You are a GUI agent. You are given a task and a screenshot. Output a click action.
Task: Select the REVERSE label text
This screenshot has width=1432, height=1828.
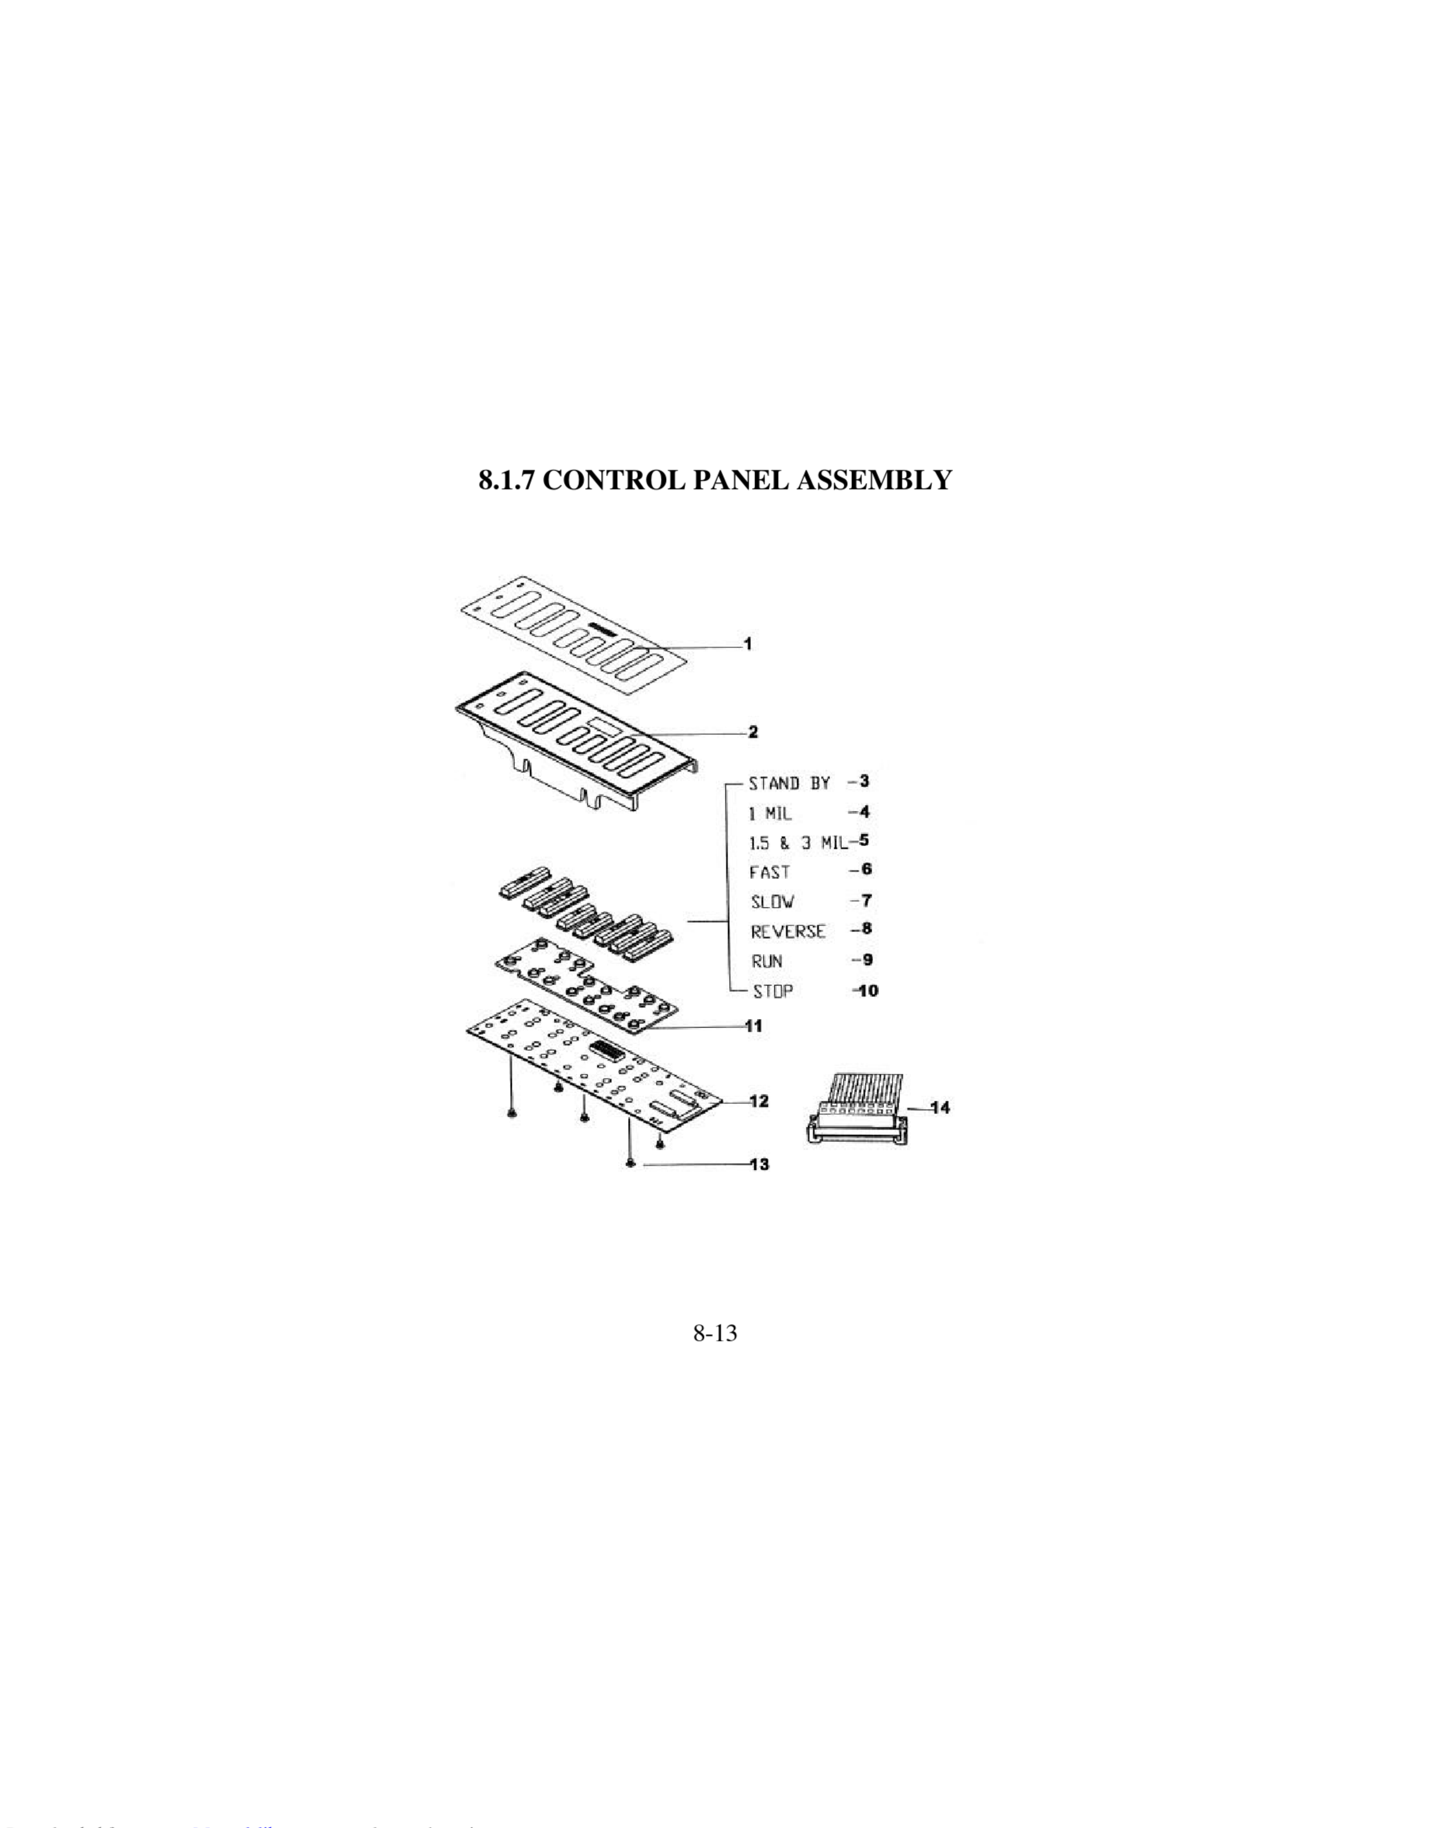(x=788, y=932)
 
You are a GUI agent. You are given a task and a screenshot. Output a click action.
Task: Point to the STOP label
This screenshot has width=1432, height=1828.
(x=772, y=991)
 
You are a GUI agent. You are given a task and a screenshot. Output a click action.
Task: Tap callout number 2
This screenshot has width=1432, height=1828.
(x=753, y=732)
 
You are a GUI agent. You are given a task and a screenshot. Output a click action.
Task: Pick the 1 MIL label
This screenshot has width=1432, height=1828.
(x=769, y=813)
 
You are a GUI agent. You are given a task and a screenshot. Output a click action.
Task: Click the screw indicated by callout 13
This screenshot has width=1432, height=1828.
(x=630, y=1164)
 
